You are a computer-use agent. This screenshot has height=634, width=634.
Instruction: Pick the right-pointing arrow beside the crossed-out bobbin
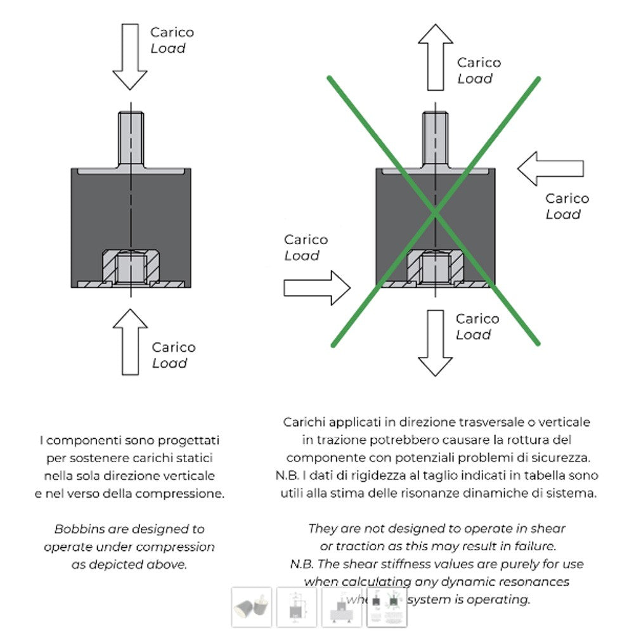point(317,288)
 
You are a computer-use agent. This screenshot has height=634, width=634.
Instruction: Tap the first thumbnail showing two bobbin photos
point(252,607)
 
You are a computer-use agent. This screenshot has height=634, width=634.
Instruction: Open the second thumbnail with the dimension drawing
point(297,607)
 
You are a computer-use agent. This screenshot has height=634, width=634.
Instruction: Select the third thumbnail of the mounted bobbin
point(342,607)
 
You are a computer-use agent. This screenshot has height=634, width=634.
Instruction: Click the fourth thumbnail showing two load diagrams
point(386,607)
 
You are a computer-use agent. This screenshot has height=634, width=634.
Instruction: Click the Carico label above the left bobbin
point(172,32)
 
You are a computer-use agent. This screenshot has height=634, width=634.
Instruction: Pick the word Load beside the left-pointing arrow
point(563,214)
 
